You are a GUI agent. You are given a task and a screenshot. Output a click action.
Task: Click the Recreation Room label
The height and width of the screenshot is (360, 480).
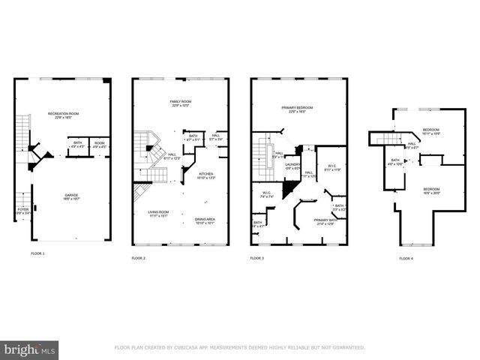(64, 114)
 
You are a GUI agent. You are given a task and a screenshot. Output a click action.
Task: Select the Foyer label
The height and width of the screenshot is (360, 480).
(23, 211)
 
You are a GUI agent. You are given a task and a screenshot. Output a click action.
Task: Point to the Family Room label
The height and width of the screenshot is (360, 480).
(179, 102)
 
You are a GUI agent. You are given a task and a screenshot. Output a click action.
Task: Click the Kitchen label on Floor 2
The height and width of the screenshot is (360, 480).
(206, 175)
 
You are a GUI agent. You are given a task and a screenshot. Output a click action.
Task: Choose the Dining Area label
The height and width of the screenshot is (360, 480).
(205, 220)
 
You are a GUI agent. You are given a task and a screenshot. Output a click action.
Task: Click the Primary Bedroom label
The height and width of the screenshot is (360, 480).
(297, 109)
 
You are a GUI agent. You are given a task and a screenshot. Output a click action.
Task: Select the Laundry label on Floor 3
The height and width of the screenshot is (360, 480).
(292, 165)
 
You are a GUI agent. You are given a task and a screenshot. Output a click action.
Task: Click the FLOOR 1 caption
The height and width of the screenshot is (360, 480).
(37, 254)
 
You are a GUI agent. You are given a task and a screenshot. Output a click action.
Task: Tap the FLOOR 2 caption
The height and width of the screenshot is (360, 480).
(139, 258)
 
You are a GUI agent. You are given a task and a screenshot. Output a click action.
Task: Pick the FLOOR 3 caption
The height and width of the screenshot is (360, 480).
(256, 258)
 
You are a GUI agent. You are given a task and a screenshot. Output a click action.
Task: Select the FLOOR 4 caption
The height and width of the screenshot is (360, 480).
(406, 258)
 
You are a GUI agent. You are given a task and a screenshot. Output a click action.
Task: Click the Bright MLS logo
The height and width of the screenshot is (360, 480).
(30, 349)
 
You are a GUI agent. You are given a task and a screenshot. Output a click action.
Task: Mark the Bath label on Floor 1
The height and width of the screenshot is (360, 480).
(78, 143)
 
